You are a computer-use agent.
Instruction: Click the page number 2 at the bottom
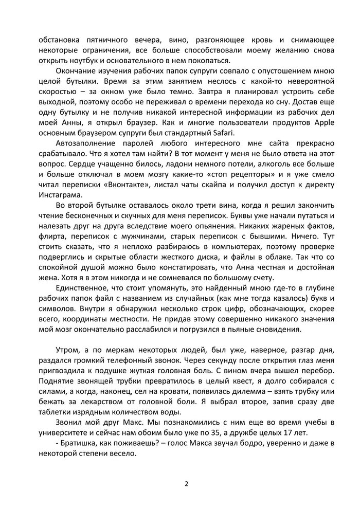click(186, 483)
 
